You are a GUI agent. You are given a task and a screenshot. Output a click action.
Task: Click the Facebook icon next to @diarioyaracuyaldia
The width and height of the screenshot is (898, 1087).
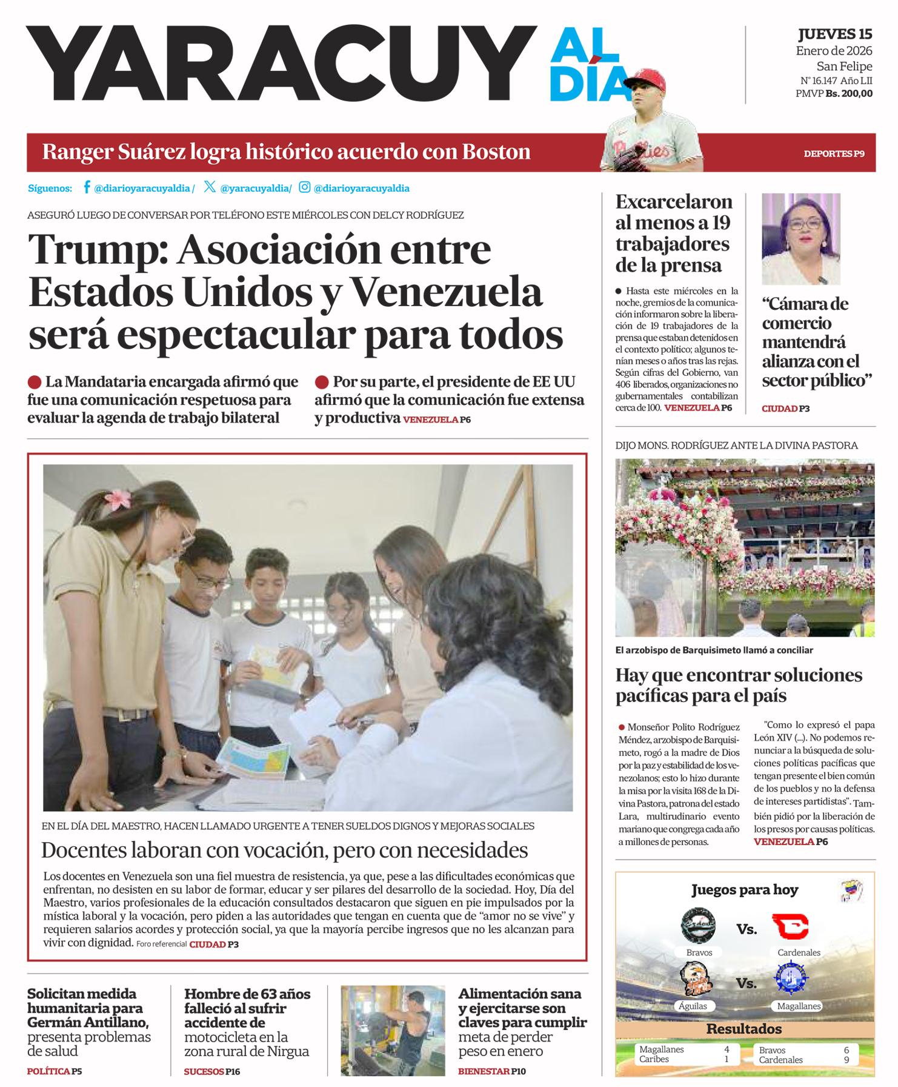[x=87, y=187]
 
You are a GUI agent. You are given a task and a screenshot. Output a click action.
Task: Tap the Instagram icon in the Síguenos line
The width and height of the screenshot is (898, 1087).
[x=305, y=187]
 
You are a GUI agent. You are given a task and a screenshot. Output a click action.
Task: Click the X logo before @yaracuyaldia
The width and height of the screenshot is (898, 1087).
[x=210, y=187]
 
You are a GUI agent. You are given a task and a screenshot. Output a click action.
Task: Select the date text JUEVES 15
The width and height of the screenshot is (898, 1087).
[x=835, y=35]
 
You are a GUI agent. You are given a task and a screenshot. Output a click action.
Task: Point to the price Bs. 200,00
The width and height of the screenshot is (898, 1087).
[x=849, y=94]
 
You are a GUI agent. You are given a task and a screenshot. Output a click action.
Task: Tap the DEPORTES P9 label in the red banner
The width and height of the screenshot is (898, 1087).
[x=834, y=154]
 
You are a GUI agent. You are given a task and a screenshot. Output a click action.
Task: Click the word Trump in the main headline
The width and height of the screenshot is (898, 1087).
[x=97, y=250]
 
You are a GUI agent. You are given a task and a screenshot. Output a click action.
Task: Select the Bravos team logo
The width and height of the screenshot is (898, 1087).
[x=698, y=926]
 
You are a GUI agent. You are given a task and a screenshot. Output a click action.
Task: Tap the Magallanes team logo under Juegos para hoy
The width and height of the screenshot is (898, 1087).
[x=791, y=978]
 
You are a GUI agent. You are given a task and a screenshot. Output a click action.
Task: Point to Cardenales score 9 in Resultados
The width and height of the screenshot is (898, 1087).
[x=846, y=1060]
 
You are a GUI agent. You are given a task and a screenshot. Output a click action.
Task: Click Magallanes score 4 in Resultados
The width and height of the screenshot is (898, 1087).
[x=727, y=1049]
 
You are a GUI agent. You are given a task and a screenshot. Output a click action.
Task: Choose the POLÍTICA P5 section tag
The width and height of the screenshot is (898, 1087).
[x=55, y=1072]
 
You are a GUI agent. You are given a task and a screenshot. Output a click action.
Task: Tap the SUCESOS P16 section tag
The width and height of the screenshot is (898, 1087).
[x=212, y=1072]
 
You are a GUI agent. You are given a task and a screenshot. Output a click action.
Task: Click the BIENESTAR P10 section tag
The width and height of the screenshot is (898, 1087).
[x=491, y=1072]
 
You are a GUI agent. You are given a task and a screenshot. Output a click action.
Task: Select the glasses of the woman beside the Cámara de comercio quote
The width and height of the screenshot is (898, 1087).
[x=805, y=224]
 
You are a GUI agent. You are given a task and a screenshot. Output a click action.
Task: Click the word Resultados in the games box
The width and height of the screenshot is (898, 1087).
[x=744, y=1029]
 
